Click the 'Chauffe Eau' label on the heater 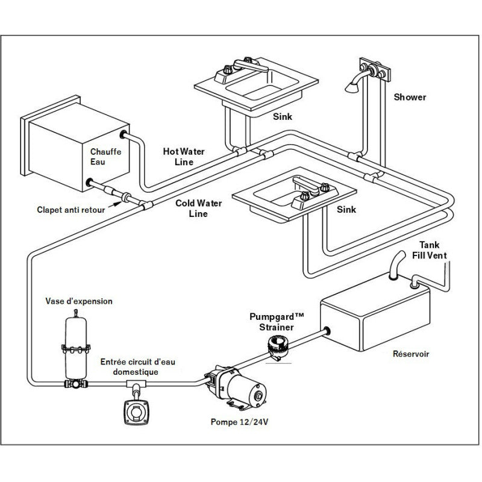[105, 157]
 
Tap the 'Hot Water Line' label [184, 157]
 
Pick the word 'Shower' [410, 97]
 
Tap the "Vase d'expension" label [79, 301]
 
